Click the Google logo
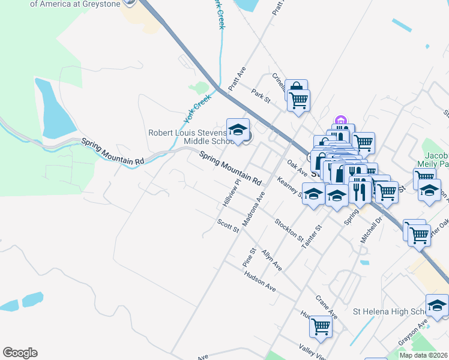pyautogui.click(x=20, y=353)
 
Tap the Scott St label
pyautogui.click(x=228, y=226)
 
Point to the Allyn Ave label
pyautogui.click(x=271, y=259)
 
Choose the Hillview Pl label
pyautogui.click(x=231, y=193)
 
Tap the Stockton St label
pyautogui.click(x=289, y=230)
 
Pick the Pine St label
pyautogui.click(x=249, y=257)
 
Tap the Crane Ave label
pyautogui.click(x=327, y=307)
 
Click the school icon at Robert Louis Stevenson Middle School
pyautogui.click(x=238, y=130)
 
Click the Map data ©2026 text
pyautogui.click(x=423, y=355)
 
